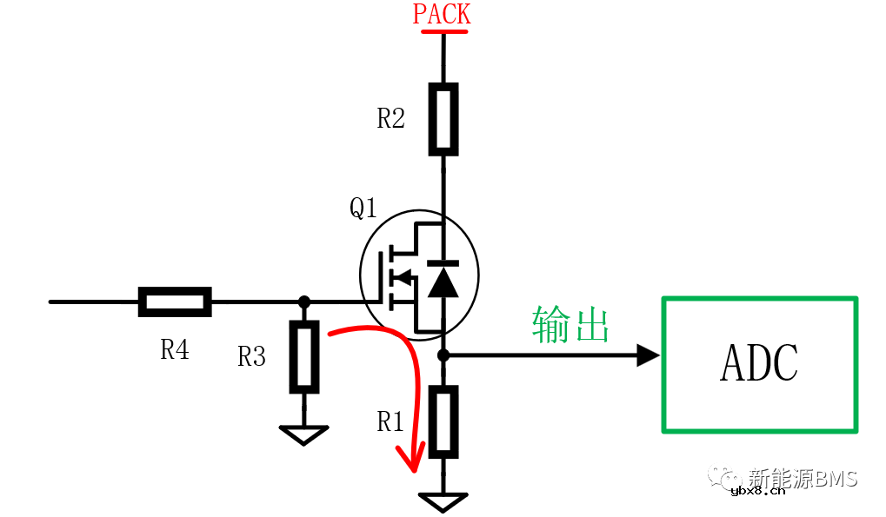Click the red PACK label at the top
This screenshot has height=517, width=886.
442,15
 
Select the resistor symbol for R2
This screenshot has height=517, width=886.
443,118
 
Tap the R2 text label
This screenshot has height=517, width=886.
391,119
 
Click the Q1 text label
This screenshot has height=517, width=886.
363,209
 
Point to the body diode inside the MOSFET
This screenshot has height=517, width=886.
443,278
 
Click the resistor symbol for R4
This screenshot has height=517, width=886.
175,302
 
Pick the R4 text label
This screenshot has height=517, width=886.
175,349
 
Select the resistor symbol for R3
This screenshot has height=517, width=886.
303,356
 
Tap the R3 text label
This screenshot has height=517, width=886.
252,356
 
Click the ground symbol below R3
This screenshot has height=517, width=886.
303,434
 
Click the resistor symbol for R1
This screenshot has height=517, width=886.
443,422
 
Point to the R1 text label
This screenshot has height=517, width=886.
391,422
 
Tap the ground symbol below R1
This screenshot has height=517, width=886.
443,501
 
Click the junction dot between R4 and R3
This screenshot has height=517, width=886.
303,302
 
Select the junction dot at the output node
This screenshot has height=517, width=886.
443,355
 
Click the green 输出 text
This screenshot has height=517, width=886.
570,325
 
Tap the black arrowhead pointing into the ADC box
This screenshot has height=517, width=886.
648,355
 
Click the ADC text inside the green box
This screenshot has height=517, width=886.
759,364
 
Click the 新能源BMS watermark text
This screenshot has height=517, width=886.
803,478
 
